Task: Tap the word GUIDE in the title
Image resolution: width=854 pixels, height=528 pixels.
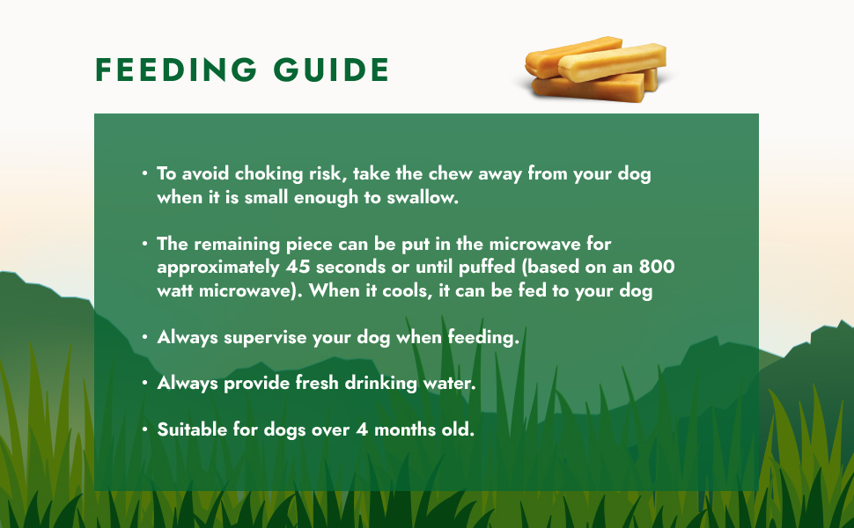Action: (331, 70)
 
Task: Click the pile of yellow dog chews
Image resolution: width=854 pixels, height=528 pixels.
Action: (595, 70)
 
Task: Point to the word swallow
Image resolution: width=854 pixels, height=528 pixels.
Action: (423, 197)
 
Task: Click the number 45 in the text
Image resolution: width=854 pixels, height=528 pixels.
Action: (298, 268)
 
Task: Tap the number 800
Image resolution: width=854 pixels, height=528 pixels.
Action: (657, 267)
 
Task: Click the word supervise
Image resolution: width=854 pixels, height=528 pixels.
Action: (265, 338)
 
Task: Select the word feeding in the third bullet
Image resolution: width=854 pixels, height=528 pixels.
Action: (483, 338)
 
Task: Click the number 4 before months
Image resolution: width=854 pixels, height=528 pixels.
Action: (362, 430)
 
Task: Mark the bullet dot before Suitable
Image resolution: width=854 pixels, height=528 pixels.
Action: (144, 429)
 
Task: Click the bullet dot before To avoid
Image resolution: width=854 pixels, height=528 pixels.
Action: (144, 173)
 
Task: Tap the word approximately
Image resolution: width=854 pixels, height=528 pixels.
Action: (217, 268)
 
